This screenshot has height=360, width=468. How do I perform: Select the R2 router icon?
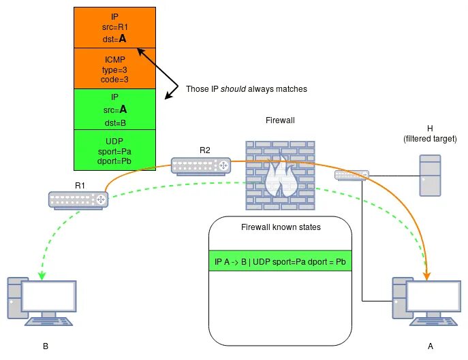coord(200,165)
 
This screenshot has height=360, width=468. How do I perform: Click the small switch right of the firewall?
coord(352,175)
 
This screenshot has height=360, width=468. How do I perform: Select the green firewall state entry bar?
coord(280,261)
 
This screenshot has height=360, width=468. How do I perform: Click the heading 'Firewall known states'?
coord(280,227)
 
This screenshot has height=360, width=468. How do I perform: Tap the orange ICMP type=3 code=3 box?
coord(114,69)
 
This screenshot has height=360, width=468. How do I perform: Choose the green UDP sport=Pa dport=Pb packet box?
coord(114,149)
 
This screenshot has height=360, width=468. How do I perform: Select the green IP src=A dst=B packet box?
coord(114,109)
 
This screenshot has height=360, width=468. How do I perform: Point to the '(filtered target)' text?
coord(430,139)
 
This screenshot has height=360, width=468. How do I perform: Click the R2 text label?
coord(206,149)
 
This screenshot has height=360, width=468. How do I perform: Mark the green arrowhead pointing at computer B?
coord(42,276)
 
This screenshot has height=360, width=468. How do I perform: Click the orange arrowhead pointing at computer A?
coord(428,275)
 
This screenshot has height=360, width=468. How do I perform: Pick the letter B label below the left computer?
coord(46,346)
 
